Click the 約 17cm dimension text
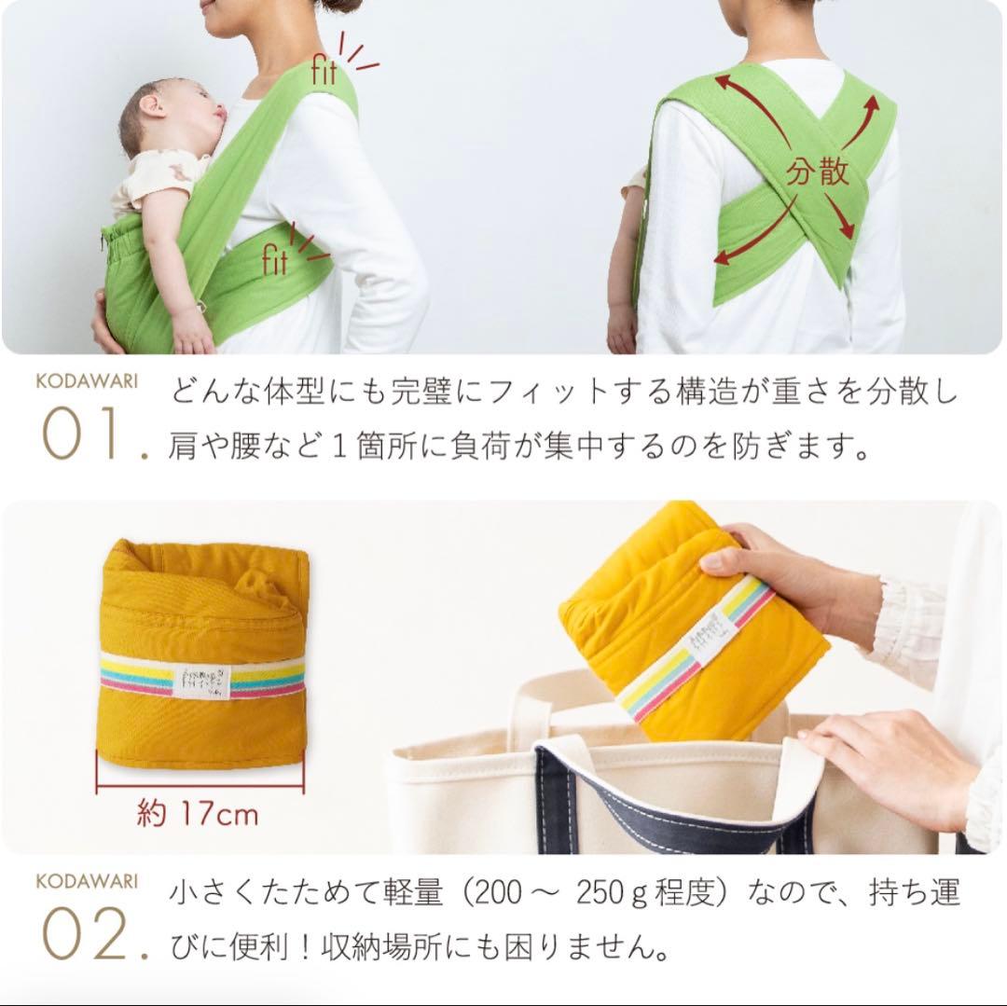196,813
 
